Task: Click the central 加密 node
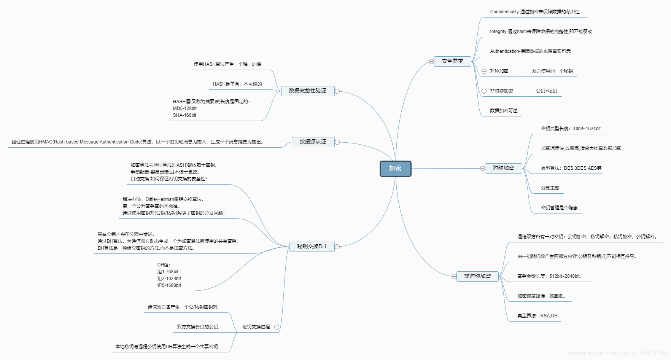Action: pyautogui.click(x=395, y=169)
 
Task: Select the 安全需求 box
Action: pyautogui.click(x=452, y=61)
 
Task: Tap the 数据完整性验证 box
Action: pyautogui.click(x=307, y=91)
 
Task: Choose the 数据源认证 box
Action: pyautogui.click(x=313, y=142)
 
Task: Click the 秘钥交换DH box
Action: pyautogui.click(x=312, y=247)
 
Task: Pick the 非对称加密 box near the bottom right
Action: pyautogui.click(x=477, y=276)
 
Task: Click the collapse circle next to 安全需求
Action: pyautogui.click(x=431, y=61)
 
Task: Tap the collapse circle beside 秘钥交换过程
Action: pyautogui.click(x=277, y=327)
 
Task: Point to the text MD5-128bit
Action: pyautogui.click(x=184, y=108)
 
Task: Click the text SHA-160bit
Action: pyautogui.click(x=184, y=115)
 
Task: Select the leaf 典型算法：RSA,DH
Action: pyautogui.click(x=537, y=316)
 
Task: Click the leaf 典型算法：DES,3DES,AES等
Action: pyautogui.click(x=571, y=168)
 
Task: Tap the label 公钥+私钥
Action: pyautogui.click(x=546, y=91)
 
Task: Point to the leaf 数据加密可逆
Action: pyautogui.click(x=504, y=111)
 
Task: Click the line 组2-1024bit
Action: pyautogui.click(x=169, y=279)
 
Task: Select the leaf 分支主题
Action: pyautogui.click(x=550, y=188)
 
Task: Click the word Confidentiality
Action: pyautogui.click(x=504, y=12)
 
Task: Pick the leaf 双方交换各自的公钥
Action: pyautogui.click(x=198, y=327)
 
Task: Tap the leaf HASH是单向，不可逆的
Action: pyautogui.click(x=237, y=84)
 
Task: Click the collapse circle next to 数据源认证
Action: pyautogui.click(x=337, y=142)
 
